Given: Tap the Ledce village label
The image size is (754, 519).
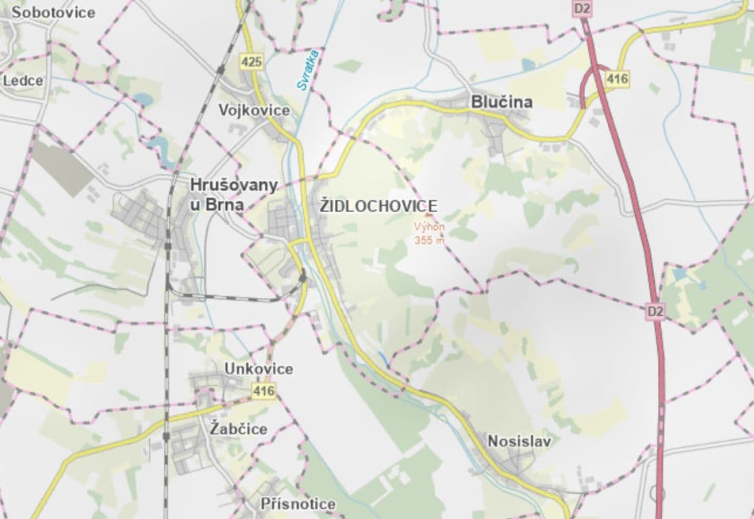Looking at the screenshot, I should click(x=23, y=81).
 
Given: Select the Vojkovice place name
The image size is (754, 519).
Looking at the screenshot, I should click(x=254, y=110).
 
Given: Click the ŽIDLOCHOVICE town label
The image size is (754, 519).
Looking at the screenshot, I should click(x=378, y=206).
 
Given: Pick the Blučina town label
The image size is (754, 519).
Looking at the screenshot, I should click(x=502, y=102).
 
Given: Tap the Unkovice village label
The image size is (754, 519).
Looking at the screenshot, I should click(x=258, y=368).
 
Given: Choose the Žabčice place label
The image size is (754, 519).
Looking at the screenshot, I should click(x=239, y=429).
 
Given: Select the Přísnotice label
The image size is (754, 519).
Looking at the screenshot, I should click(x=298, y=503).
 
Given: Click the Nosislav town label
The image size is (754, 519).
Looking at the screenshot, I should click(x=519, y=442).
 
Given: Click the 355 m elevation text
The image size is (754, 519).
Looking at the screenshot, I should click(x=430, y=239).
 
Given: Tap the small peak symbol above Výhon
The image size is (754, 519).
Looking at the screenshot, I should click(x=428, y=216).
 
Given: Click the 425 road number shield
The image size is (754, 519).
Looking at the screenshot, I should click(x=251, y=62).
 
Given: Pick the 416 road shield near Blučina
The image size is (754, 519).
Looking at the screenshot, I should click(x=617, y=79).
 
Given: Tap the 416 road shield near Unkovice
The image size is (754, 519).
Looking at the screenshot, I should click(x=264, y=391).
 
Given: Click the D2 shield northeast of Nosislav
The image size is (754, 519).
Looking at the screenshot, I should click(x=655, y=311).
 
